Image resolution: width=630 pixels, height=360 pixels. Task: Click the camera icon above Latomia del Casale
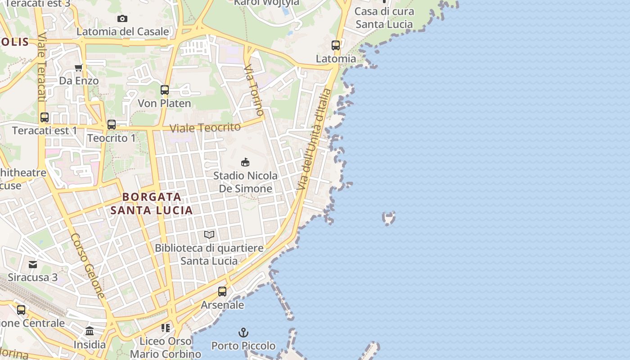click(122, 18)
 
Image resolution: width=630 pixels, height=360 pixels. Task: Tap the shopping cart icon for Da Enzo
click(79, 68)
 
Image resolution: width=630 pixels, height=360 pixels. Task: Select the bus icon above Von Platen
click(164, 90)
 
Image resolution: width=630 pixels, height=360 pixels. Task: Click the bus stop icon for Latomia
click(336, 45)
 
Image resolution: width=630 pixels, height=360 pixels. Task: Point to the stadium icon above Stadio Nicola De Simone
click(245, 162)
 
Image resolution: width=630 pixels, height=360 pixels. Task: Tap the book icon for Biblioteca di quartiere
click(209, 234)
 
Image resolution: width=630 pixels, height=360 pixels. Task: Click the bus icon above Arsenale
click(222, 292)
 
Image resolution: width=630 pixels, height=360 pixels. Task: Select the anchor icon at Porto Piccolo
click(243, 333)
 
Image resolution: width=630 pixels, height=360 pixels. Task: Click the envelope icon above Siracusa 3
click(33, 264)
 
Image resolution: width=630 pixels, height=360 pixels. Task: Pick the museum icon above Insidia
click(90, 332)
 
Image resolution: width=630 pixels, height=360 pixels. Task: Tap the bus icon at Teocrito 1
click(112, 125)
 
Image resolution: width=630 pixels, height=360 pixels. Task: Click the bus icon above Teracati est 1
click(45, 117)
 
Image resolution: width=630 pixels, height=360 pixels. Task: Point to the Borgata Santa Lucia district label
click(152, 203)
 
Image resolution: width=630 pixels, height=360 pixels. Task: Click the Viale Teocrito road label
click(205, 128)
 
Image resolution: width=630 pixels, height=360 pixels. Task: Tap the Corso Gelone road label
click(88, 265)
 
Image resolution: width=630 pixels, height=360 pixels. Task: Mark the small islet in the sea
click(388, 218)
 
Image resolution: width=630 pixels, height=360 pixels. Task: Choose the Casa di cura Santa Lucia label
click(384, 18)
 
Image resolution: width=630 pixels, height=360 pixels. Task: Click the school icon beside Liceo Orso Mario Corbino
click(166, 328)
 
